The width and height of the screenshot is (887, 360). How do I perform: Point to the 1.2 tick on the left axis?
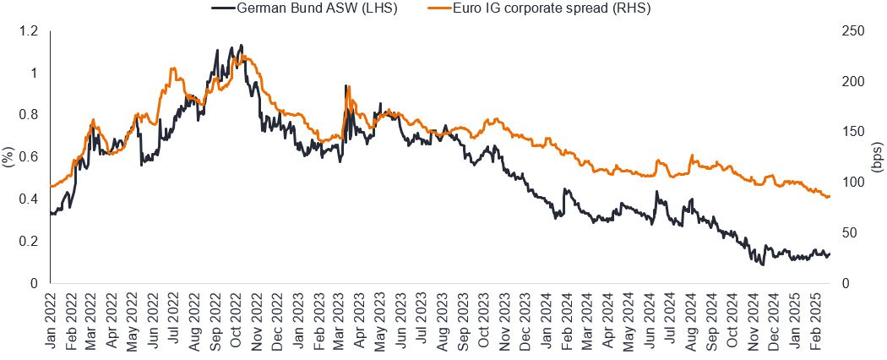[x=30, y=31]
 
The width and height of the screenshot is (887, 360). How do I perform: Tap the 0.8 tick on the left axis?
[x=30, y=115]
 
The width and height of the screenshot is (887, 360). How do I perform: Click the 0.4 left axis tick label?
[x=30, y=199]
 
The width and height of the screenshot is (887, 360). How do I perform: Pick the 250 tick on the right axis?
[x=855, y=31]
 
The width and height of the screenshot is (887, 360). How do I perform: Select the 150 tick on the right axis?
[x=855, y=132]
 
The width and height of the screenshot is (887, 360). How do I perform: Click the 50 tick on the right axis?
[x=852, y=233]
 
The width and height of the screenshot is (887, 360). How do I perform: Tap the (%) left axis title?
[x=8, y=157]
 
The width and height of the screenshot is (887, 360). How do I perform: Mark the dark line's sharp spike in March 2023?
[x=346, y=85]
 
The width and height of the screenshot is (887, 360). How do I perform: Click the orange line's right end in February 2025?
[x=830, y=197]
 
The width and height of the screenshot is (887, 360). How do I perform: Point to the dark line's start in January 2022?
[x=51, y=213]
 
